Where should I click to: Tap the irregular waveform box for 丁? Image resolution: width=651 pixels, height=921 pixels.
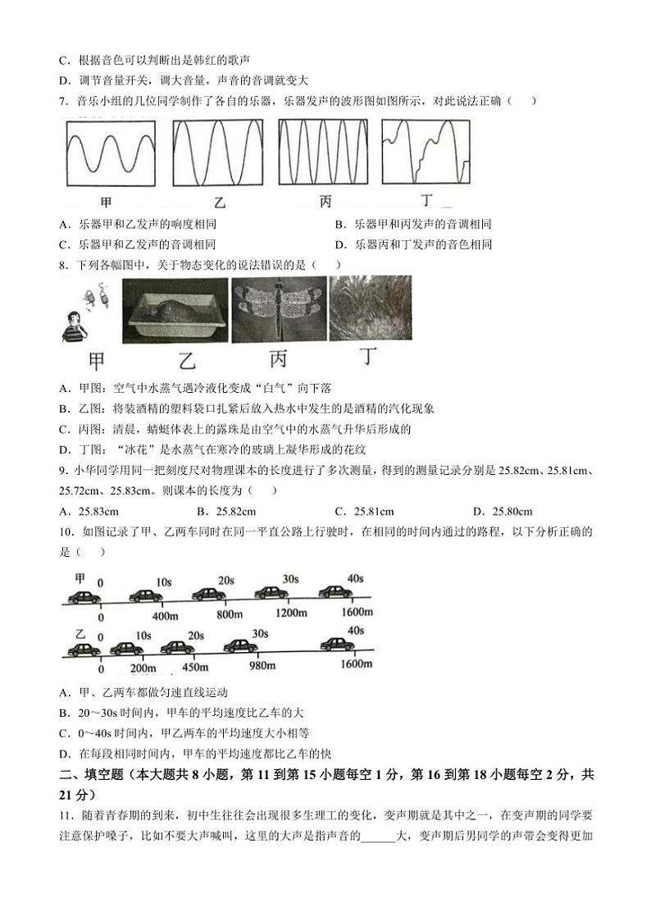[426, 153]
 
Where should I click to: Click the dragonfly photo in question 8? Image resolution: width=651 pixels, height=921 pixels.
[277, 308]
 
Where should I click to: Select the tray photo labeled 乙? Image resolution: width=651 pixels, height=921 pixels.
[175, 308]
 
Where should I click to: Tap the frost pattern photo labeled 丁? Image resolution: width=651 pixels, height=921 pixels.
[370, 308]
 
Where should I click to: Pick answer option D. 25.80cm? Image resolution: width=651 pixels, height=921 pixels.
[503, 511]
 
